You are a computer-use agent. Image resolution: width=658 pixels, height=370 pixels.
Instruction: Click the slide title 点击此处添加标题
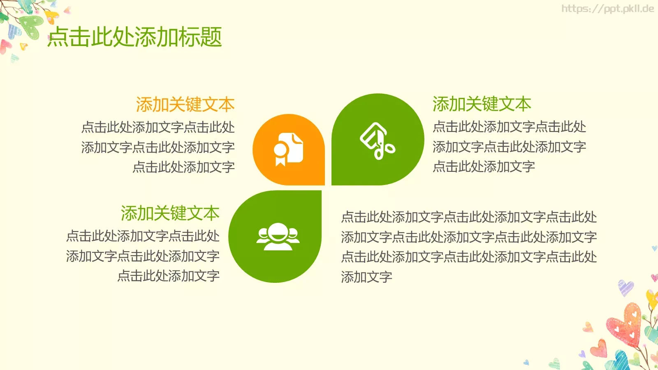(x=135, y=37)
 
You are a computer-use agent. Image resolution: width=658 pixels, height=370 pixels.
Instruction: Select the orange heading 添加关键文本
(x=185, y=105)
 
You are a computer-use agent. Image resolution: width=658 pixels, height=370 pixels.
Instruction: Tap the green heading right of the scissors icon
(x=482, y=104)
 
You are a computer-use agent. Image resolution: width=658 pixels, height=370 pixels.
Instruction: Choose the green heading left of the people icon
(x=170, y=213)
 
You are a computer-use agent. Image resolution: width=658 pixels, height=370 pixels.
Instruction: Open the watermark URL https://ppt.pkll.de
(x=607, y=9)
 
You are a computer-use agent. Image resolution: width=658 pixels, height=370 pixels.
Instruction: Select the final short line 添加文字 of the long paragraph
(x=366, y=277)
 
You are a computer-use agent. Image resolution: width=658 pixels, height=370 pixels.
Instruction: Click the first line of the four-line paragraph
(x=469, y=217)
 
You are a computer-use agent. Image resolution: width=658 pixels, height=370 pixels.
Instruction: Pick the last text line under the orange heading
(x=183, y=167)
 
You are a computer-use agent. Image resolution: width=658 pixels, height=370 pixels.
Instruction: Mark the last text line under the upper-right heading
(x=484, y=166)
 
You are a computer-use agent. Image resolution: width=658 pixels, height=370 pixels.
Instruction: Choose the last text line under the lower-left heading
(x=168, y=275)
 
